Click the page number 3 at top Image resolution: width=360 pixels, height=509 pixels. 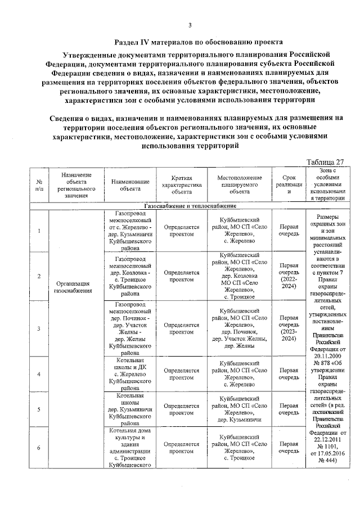(190, 24)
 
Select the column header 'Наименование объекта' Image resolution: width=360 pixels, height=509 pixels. (130, 185)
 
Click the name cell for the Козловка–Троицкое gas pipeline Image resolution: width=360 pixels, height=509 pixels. (130, 276)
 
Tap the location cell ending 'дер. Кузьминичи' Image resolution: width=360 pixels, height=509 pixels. (239, 409)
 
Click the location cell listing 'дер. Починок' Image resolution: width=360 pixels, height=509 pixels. (239, 328)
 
